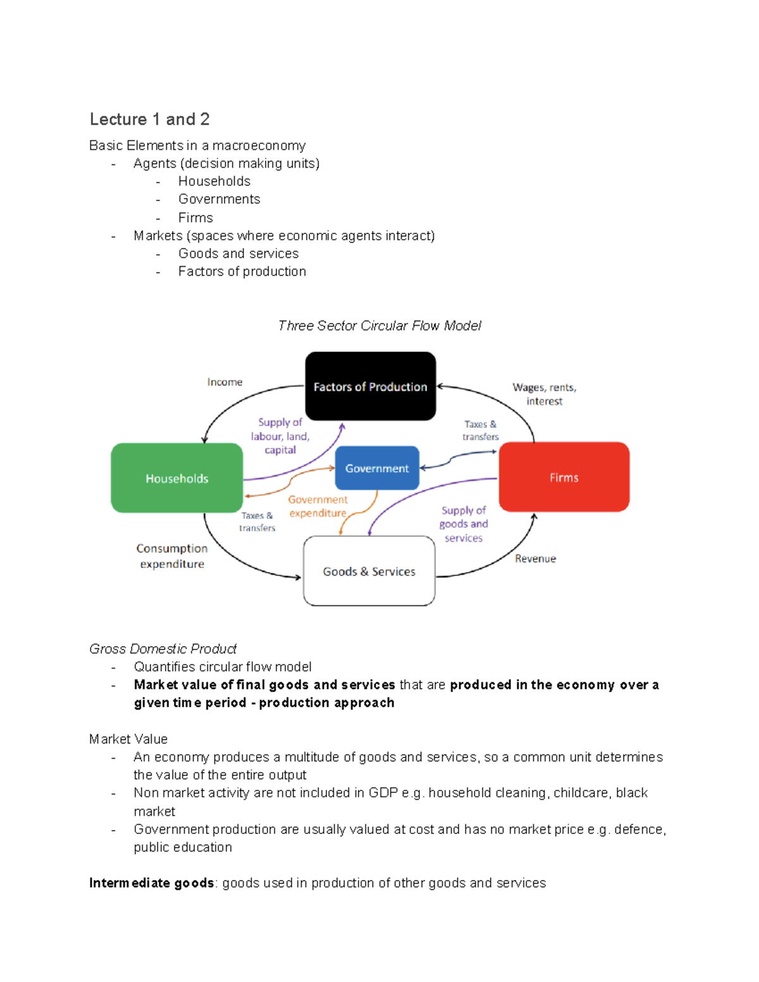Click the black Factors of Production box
[370, 386]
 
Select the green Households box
[176, 477]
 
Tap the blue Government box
[376, 468]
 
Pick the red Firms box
[564, 477]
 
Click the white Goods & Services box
[369, 571]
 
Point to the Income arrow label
[225, 382]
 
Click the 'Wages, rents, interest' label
[545, 394]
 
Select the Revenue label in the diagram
[535, 558]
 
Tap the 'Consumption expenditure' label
[172, 556]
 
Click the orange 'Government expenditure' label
[318, 506]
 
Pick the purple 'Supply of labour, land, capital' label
[280, 436]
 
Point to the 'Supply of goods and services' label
[464, 524]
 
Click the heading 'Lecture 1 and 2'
[150, 120]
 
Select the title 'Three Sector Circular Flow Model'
[379, 326]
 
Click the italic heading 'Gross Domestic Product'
[163, 649]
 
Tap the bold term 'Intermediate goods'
[151, 883]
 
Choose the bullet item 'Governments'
[219, 199]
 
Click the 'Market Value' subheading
[128, 739]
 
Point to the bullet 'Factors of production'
[242, 271]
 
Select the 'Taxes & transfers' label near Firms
[480, 430]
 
